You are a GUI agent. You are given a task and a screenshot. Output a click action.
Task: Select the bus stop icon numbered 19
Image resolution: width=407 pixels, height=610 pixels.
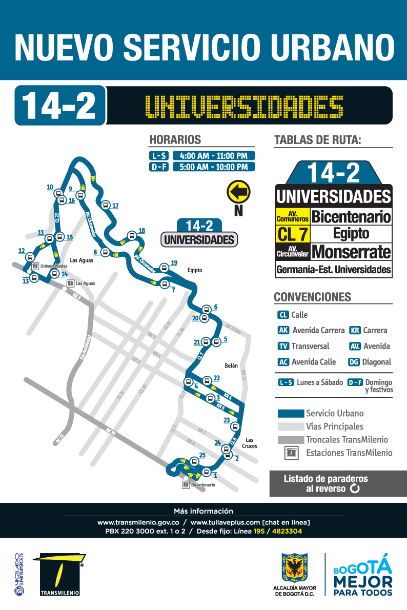(x=164, y=267)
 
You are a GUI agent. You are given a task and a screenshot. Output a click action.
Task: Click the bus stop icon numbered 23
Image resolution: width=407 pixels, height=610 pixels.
(x=235, y=426)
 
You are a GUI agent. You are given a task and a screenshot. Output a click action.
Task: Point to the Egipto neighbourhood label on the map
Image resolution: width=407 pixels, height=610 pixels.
(x=195, y=270)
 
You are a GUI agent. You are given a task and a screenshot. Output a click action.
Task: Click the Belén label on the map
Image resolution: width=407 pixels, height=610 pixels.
(x=231, y=365)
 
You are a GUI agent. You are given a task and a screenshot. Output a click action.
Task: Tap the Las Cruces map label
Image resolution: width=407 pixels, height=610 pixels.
(x=250, y=443)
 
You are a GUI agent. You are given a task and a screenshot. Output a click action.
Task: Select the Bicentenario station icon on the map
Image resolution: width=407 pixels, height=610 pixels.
(x=186, y=484)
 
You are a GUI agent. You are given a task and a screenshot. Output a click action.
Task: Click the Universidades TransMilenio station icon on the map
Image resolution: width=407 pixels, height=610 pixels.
(x=34, y=266)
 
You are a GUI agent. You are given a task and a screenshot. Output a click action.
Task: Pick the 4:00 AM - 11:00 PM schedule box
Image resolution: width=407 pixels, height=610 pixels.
(x=214, y=155)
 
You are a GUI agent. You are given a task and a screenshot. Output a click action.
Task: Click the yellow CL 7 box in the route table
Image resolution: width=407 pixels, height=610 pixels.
(x=293, y=234)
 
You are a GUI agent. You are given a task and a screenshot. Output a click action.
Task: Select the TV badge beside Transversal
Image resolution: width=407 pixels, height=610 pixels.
(x=283, y=346)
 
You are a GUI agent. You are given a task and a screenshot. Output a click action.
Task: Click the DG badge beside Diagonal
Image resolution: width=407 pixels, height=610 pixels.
(x=353, y=362)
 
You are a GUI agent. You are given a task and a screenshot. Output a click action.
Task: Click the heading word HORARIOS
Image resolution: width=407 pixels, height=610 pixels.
(x=175, y=139)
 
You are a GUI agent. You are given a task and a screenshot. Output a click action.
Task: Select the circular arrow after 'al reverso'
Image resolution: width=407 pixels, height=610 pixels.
(x=354, y=489)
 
